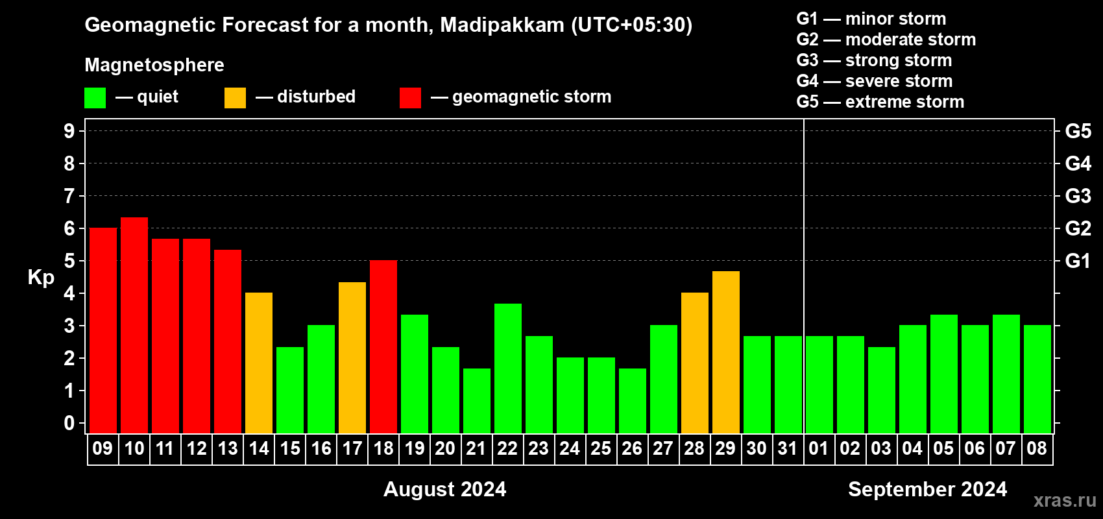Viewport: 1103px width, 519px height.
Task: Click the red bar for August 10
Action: point(134,325)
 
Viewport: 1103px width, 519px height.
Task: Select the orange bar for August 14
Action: point(259,363)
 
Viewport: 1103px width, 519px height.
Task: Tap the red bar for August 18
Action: point(383,346)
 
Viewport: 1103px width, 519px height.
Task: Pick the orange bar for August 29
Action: point(726,352)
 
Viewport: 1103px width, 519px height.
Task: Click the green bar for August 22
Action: point(507,368)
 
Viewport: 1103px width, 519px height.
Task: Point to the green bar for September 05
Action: point(944,374)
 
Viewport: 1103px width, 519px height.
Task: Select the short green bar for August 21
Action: point(477,401)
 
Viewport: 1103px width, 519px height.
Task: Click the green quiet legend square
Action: point(95,97)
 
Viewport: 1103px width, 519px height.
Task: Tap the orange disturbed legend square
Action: point(235,97)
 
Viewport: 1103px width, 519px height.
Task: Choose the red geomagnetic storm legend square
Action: point(410,97)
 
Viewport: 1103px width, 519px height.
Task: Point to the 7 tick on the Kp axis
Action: point(69,196)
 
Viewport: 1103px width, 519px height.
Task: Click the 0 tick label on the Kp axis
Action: point(69,423)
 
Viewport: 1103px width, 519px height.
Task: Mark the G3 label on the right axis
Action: point(1078,196)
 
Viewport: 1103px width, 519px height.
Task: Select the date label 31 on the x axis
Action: point(788,448)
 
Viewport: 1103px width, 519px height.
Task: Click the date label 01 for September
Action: point(818,448)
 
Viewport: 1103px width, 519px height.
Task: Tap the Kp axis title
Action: point(41,278)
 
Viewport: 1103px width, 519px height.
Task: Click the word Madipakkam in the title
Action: point(502,25)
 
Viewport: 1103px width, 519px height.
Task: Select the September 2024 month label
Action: point(927,489)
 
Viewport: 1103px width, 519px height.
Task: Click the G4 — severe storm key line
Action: point(875,80)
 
